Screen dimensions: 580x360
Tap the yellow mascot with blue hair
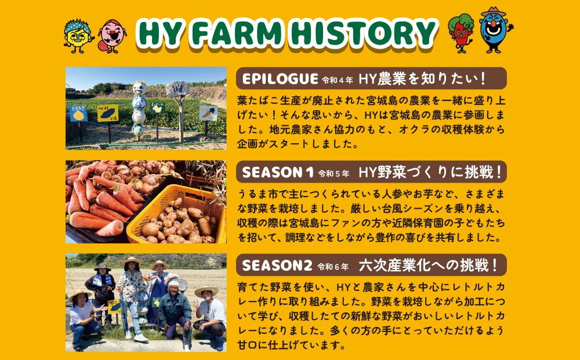click(77, 36)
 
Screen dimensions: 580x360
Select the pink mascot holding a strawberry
click(112, 36)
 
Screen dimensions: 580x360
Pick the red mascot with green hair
click(461, 33)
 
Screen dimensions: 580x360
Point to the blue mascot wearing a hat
click(495, 30)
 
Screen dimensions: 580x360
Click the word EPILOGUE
click(280, 79)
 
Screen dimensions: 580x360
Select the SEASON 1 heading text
click(277, 172)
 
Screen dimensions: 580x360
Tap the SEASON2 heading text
click(277, 266)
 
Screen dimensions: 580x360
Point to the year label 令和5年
click(333, 173)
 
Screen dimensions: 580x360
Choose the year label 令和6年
click(333, 267)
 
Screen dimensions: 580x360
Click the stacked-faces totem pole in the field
click(139, 109)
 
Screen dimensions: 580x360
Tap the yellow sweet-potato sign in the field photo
click(108, 113)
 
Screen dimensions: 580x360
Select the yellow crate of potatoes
click(176, 215)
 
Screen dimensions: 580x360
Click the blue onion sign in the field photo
click(78, 114)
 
